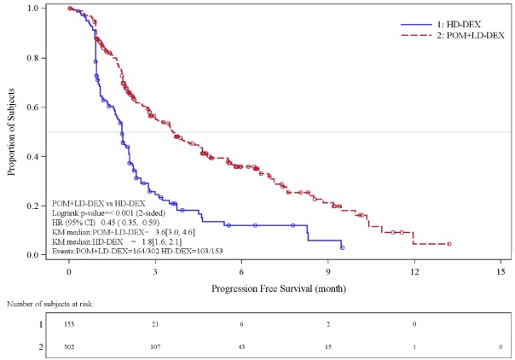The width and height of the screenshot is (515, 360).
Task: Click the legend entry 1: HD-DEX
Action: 441,25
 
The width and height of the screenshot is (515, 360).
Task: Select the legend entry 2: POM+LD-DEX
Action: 453,36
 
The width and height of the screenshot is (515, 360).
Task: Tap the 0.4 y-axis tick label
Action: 34,156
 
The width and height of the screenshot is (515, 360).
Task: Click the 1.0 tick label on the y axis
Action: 34,8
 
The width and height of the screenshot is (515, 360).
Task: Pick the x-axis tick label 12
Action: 414,272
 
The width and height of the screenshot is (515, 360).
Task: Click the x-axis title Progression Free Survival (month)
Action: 279,288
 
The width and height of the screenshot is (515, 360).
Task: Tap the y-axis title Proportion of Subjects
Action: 11,131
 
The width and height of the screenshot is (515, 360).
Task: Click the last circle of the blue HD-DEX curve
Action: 342,248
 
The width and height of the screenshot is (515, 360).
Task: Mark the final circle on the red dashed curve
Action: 449,244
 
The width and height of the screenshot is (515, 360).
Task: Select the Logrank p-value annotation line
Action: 109,213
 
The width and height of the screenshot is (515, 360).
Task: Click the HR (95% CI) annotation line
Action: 106,223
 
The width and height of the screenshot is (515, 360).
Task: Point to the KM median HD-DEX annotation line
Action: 117,242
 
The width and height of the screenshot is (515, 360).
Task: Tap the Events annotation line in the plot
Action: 137,252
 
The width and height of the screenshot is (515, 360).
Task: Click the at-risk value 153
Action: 69,324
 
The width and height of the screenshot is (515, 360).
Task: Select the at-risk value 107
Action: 155,347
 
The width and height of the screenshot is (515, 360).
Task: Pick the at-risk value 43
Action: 242,347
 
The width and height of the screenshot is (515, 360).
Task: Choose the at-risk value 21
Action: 155,324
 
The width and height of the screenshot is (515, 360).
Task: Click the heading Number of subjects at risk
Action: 50,305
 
